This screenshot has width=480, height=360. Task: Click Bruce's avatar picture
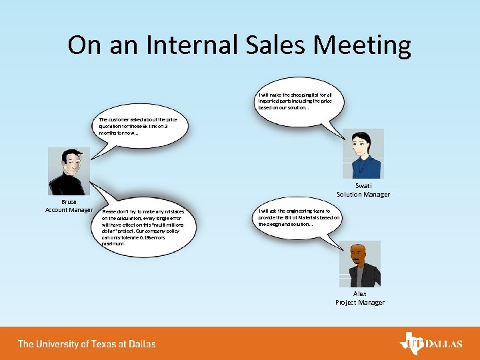tap(69, 171)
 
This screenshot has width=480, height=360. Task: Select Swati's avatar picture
tap(363, 154)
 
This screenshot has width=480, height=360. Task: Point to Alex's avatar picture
tap(360, 264)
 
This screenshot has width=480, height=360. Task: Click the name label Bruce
tap(69, 201)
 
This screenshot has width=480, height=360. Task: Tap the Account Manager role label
tap(69, 210)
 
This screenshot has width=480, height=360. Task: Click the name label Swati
tap(363, 186)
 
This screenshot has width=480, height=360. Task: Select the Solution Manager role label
tap(363, 195)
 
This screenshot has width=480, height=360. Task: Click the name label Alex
tap(360, 293)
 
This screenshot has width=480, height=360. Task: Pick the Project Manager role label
tap(360, 302)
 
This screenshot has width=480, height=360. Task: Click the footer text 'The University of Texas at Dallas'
tap(87, 344)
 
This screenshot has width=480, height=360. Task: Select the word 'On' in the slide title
tap(83, 45)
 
